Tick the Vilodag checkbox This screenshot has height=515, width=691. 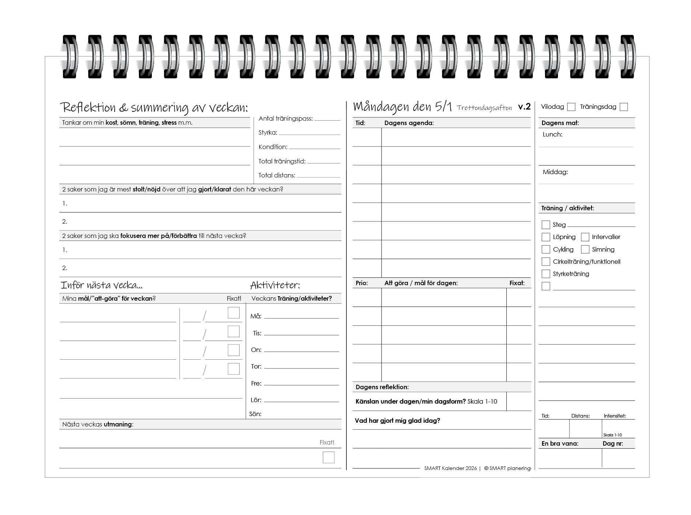pyautogui.click(x=571, y=107)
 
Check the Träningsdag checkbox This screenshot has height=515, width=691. pyautogui.click(x=624, y=107)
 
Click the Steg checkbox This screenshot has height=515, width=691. pyautogui.click(x=546, y=225)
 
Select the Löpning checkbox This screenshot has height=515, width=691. pyautogui.click(x=546, y=237)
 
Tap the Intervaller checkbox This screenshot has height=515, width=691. pyautogui.click(x=585, y=237)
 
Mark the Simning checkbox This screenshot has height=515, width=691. pyautogui.click(x=585, y=249)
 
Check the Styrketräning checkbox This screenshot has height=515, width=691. pyautogui.click(x=546, y=274)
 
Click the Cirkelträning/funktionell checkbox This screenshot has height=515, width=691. pyautogui.click(x=546, y=262)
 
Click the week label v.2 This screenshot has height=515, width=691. pyautogui.click(x=524, y=107)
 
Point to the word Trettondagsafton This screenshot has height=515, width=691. pyautogui.click(x=484, y=108)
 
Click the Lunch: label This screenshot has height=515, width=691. pyautogui.click(x=552, y=134)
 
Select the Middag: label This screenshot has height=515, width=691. pyautogui.click(x=555, y=172)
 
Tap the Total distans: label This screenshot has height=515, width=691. pyautogui.click(x=277, y=175)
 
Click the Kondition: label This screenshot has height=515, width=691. pyautogui.click(x=273, y=147)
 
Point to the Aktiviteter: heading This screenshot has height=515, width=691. pyautogui.click(x=275, y=285)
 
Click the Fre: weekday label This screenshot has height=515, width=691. pyautogui.click(x=256, y=383)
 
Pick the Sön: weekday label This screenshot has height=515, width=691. pyautogui.click(x=255, y=414)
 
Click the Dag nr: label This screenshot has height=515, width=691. pyautogui.click(x=613, y=443)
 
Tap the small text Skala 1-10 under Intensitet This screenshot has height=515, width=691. pyautogui.click(x=613, y=435)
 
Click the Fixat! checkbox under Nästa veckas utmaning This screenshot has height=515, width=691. pyautogui.click(x=328, y=457)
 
